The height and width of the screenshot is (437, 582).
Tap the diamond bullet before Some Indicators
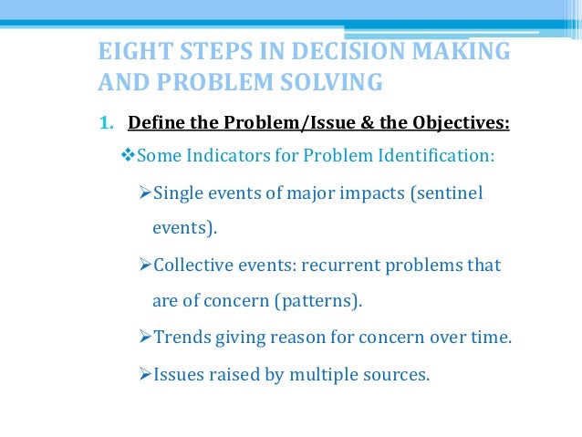[x=128, y=156]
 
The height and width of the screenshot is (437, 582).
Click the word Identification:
[x=435, y=156]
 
